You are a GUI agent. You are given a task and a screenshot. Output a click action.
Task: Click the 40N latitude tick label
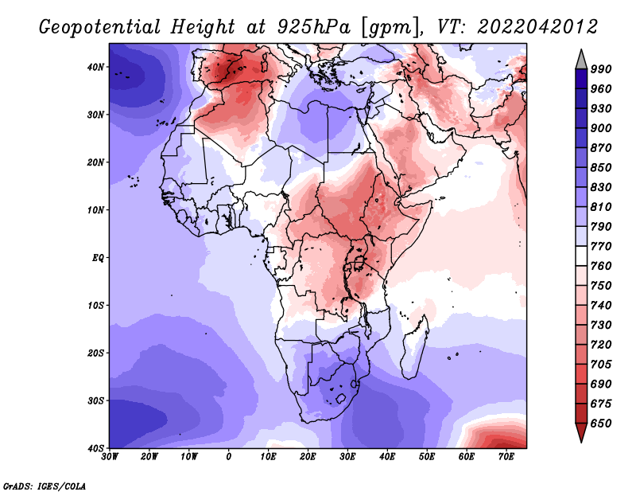[95, 67]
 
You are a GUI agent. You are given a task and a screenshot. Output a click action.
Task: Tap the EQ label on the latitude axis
[98, 258]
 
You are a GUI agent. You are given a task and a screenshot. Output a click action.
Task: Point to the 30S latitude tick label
[95, 400]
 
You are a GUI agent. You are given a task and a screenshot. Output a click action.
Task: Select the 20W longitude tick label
[149, 457]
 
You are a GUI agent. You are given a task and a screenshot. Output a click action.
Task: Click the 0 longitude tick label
[229, 457]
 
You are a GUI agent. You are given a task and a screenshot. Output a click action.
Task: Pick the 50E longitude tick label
[427, 457]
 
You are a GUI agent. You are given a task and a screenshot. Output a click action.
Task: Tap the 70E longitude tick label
[506, 457]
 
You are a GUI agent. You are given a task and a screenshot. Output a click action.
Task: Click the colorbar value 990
[601, 69]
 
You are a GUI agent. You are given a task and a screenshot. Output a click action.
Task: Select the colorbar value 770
[601, 246]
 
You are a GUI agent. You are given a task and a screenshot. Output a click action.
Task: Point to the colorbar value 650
[601, 424]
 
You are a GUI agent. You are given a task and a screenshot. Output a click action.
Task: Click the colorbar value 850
[601, 167]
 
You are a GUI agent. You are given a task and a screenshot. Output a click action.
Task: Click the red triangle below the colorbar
[581, 431]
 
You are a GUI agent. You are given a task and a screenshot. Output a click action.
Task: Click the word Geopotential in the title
[100, 27]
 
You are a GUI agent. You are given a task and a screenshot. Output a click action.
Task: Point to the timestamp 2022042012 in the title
[537, 27]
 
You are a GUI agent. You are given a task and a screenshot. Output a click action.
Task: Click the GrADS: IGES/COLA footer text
[45, 486]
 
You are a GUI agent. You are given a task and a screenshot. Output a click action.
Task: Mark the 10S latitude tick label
[95, 305]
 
